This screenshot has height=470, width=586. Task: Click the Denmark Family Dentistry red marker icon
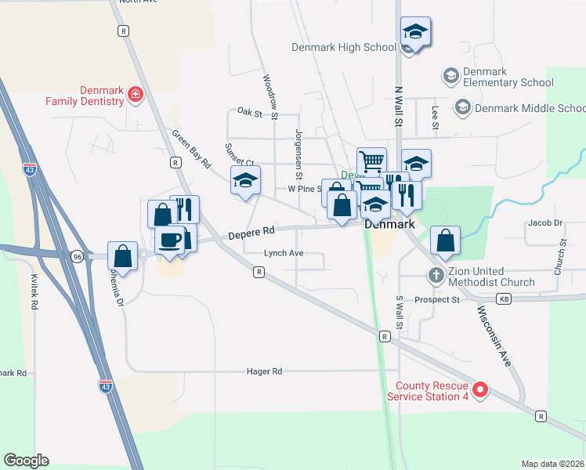pyautogui.click(x=135, y=95)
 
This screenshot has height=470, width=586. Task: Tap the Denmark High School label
pyautogui.click(x=343, y=47)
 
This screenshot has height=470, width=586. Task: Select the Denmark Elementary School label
pyautogui.click(x=497, y=77)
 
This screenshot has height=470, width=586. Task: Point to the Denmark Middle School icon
pyautogui.click(x=462, y=107)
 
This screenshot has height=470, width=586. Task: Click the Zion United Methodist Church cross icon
pyautogui.click(x=435, y=275)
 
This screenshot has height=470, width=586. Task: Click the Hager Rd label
pyautogui.click(x=264, y=371)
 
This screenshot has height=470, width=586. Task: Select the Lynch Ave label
pyautogui.click(x=283, y=253)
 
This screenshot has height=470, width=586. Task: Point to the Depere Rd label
pyautogui.click(x=251, y=232)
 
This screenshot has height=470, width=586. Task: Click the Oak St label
pyautogui.click(x=249, y=113)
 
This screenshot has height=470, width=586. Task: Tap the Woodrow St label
pyautogui.click(x=270, y=97)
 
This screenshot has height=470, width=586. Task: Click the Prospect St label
pyautogui.click(x=437, y=299)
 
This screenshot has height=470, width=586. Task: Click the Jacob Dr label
pyautogui.click(x=545, y=223)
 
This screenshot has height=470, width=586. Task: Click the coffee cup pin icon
pyautogui.click(x=170, y=239)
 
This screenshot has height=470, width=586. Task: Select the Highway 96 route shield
pyautogui.click(x=77, y=256)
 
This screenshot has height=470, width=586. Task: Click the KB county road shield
pyautogui.click(x=504, y=299)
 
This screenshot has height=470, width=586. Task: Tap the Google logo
pyautogui.click(x=26, y=461)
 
